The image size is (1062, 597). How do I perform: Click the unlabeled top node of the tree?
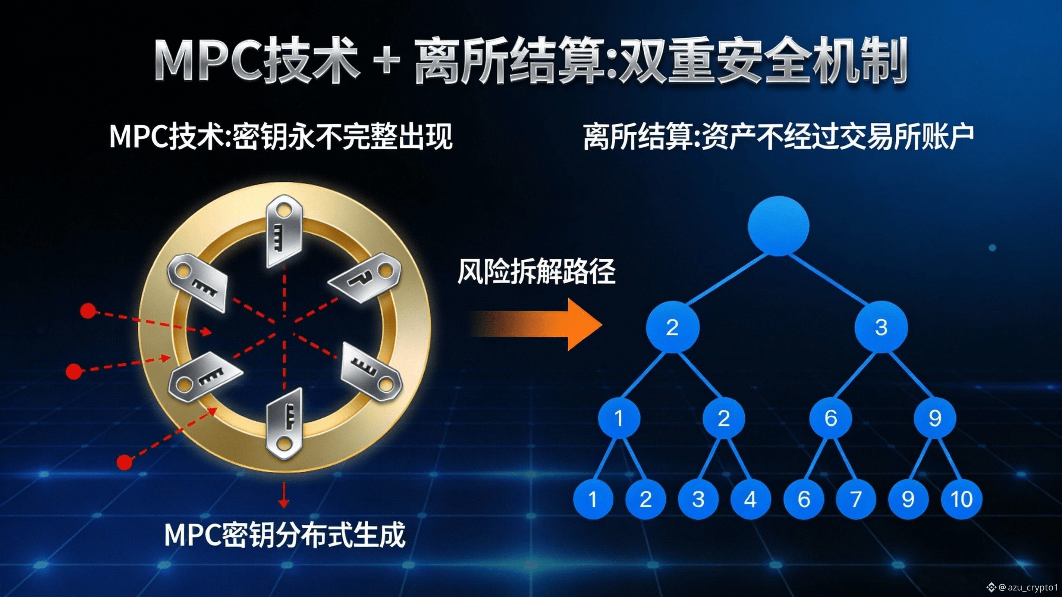coord(778,226)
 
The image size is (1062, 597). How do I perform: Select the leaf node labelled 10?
coord(961,499)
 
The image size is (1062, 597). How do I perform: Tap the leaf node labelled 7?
coord(856,499)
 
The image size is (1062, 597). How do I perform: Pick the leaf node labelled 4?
coord(750,499)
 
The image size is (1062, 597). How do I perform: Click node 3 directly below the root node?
coord(881,327)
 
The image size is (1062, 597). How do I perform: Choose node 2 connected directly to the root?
coord(672,327)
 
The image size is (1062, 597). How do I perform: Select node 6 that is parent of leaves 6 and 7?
coord(830,418)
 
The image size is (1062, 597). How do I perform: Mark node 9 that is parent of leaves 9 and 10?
coord(934,418)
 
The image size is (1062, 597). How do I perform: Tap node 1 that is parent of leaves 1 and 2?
coord(619,418)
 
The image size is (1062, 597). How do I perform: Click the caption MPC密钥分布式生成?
coord(285,535)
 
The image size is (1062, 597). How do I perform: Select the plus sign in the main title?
coord(386,62)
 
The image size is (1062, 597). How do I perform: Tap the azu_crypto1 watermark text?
coord(1033,587)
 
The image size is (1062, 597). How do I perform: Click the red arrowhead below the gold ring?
coord(283,503)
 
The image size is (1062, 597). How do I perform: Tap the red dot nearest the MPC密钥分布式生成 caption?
coord(124,462)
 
